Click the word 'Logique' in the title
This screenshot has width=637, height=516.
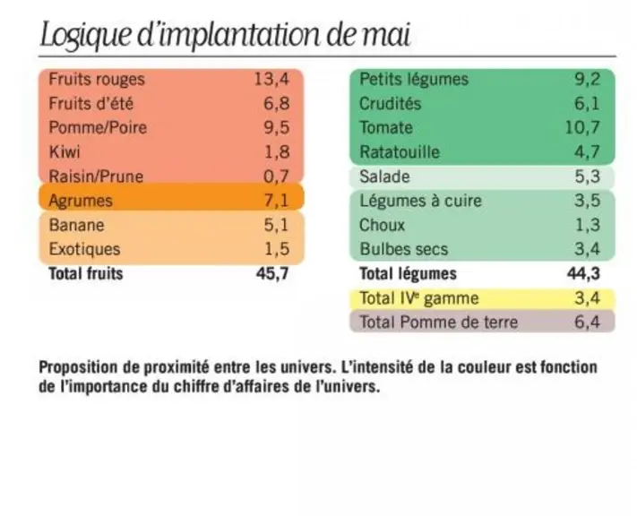(x=86, y=36)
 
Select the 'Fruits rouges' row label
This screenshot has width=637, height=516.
(x=97, y=79)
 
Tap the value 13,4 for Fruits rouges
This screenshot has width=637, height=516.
(x=271, y=79)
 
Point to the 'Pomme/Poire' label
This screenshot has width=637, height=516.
(x=98, y=127)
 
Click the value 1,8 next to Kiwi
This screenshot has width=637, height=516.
(x=277, y=152)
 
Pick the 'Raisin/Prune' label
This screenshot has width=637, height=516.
(x=96, y=176)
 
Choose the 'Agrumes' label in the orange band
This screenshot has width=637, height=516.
(x=81, y=201)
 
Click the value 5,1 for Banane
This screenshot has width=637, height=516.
(x=277, y=225)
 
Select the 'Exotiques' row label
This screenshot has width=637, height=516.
(x=84, y=249)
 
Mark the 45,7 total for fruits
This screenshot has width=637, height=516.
(x=272, y=273)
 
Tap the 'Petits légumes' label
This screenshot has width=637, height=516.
(x=414, y=79)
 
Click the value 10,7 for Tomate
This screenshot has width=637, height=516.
(x=582, y=127)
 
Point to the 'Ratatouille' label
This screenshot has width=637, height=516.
(x=400, y=152)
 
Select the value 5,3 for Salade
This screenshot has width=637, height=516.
(x=588, y=176)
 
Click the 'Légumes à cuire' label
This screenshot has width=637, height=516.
(x=420, y=201)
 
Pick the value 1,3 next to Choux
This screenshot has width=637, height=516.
(x=588, y=225)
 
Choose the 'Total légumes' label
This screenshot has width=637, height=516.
(x=408, y=273)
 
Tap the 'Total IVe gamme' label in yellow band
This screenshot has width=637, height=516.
(x=419, y=298)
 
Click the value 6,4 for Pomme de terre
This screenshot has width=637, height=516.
(x=588, y=322)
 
